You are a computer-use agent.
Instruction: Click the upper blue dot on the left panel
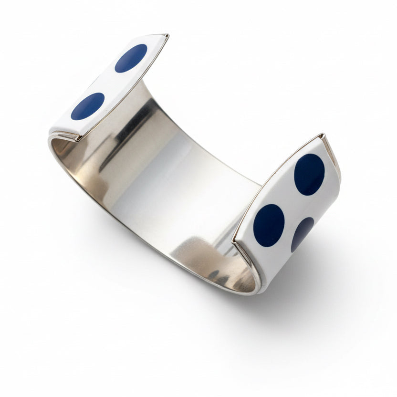point(131,58)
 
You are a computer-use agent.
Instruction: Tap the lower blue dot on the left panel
point(88,106)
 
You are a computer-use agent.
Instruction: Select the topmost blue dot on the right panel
point(309,174)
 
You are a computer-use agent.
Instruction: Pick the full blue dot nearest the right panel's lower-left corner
point(269,225)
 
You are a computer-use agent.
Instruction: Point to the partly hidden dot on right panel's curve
point(302,234)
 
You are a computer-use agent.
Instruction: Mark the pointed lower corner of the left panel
point(78,139)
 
